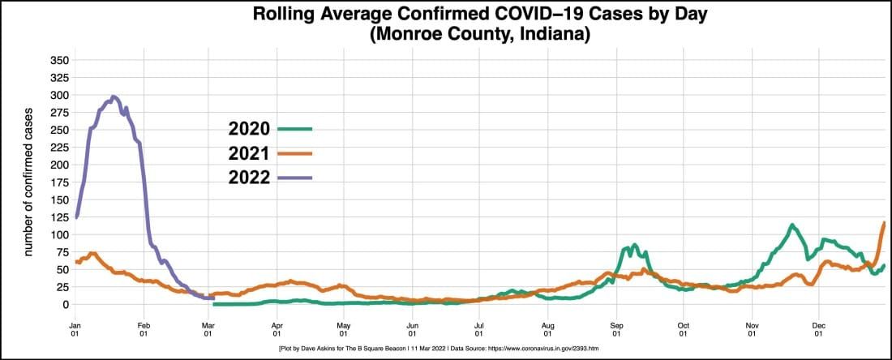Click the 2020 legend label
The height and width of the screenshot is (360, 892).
[249, 129]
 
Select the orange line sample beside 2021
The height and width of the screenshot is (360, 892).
[294, 153]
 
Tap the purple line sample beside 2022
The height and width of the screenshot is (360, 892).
[294, 178]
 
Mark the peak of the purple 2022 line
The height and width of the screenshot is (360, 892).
[114, 96]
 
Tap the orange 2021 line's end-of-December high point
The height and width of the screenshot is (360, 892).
[884, 222]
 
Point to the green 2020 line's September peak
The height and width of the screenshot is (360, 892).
[635, 244]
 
